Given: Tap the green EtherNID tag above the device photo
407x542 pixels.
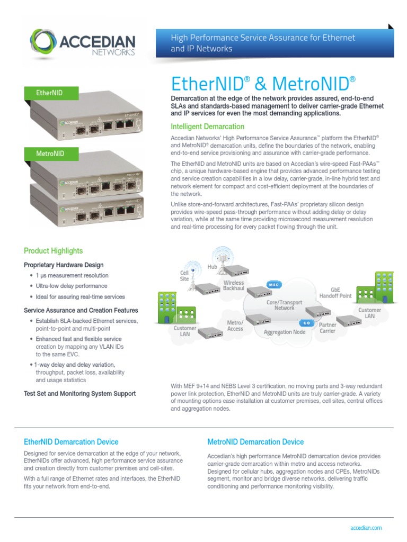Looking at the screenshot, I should [x=49, y=93].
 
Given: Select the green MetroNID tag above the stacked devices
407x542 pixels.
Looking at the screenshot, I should [x=50, y=153].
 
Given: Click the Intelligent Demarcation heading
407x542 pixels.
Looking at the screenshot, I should [x=207, y=127].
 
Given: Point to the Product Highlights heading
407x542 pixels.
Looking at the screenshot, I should [x=53, y=251].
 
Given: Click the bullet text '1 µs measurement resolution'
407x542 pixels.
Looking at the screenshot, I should [x=72, y=275].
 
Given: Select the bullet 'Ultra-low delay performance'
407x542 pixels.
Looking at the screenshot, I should [x=71, y=286].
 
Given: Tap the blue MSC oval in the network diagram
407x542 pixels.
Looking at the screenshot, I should [x=273, y=284].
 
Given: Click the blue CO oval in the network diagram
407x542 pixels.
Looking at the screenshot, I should [x=306, y=322].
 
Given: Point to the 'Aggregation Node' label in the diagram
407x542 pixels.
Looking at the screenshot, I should [x=285, y=332].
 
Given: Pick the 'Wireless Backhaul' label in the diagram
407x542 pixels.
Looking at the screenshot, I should [x=233, y=286].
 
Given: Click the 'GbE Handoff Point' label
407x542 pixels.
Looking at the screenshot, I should [x=334, y=293].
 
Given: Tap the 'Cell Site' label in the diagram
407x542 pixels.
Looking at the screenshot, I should [x=184, y=275].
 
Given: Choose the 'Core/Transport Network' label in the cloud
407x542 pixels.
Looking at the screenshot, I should [x=284, y=305].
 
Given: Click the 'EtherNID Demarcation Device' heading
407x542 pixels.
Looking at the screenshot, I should [x=71, y=442].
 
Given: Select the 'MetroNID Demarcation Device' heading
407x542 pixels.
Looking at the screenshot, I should [x=255, y=442].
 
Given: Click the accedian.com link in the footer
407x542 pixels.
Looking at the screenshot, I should [x=366, y=528].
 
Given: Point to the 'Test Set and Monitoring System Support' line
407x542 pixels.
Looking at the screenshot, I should [x=79, y=393].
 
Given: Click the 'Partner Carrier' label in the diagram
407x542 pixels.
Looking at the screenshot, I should [x=328, y=328].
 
